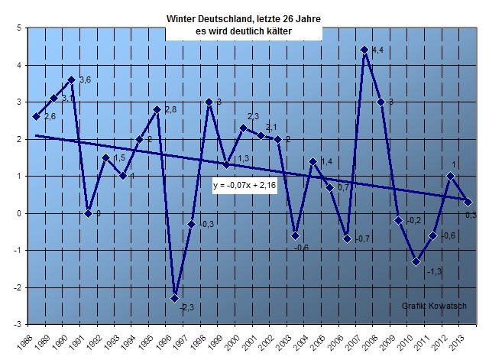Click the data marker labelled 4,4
364,50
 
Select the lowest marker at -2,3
175,298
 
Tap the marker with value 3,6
71,79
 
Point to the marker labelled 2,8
157,109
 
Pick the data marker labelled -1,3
416,261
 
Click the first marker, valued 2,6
37,116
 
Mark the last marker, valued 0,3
468,202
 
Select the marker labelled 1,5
105,157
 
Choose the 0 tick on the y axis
18,212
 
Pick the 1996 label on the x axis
174,342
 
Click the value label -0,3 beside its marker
206,224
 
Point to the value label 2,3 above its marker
254,116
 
